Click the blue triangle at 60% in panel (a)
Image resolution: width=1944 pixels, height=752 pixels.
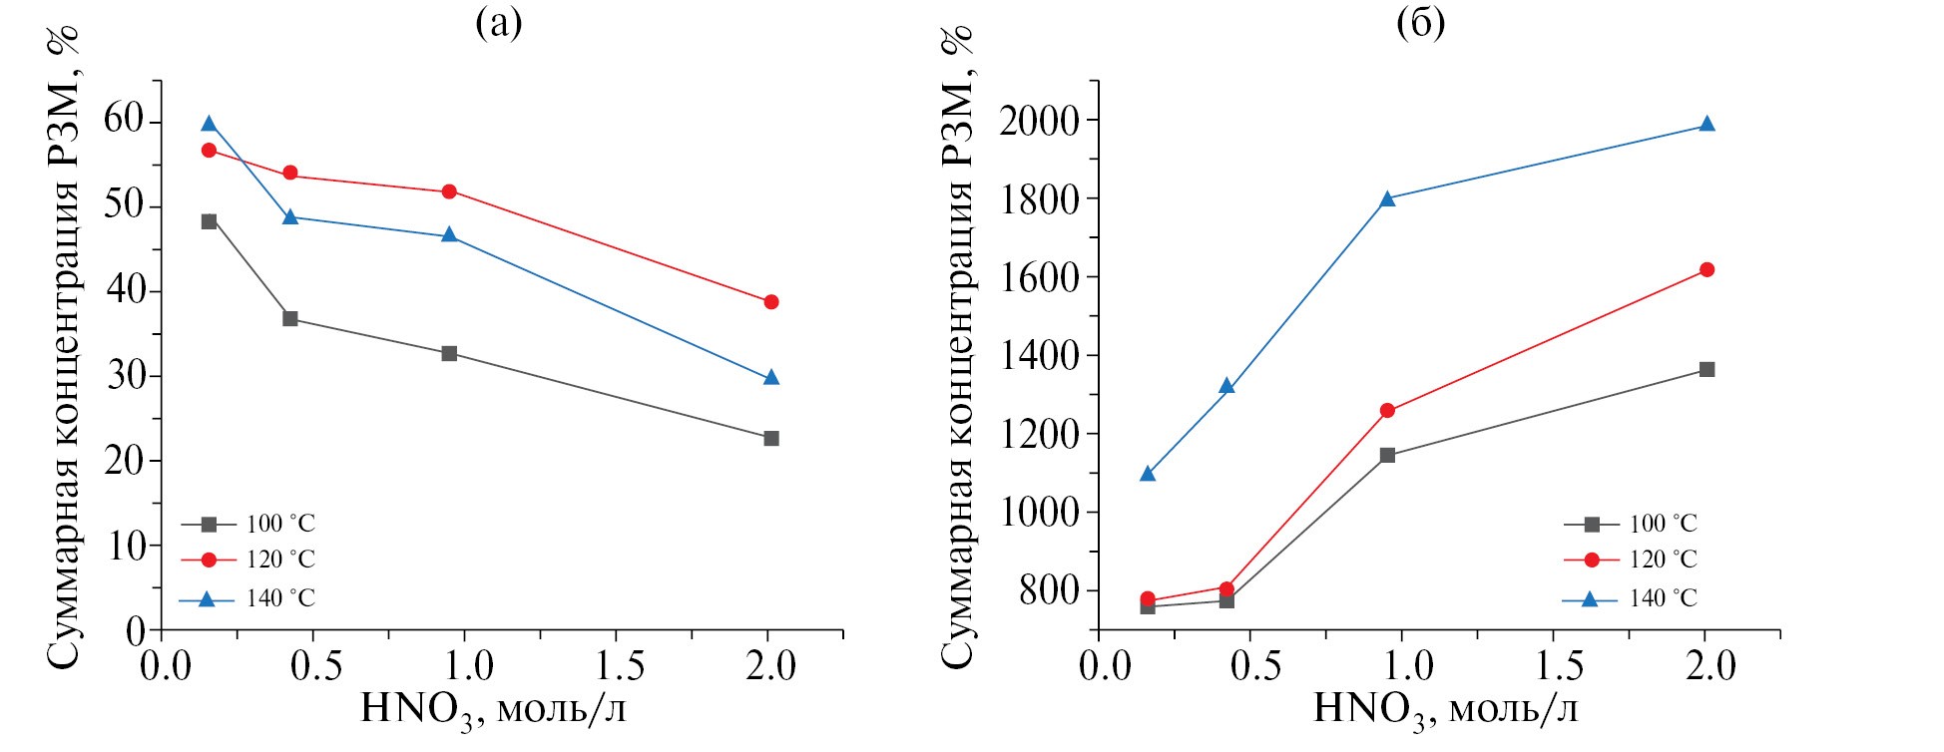coord(209,124)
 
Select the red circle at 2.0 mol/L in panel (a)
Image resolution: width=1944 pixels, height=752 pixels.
coord(770,302)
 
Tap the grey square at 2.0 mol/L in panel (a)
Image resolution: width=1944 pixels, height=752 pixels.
coord(770,439)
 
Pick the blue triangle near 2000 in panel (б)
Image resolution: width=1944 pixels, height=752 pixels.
coord(1706,125)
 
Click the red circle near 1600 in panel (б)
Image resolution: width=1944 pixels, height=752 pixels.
coord(1706,270)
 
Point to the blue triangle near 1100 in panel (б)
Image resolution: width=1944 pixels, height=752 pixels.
coord(1148,474)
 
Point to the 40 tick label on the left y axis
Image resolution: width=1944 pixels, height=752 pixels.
coord(125,291)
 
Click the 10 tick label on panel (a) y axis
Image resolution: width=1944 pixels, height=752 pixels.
coord(125,546)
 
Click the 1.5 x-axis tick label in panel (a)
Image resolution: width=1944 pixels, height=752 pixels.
coord(615,665)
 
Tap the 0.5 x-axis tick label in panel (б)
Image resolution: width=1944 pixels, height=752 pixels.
coord(1255,665)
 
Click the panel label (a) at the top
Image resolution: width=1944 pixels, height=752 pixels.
coord(498,23)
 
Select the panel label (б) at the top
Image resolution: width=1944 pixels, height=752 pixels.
coord(1420,23)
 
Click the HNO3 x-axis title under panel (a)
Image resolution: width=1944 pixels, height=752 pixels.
coord(493,711)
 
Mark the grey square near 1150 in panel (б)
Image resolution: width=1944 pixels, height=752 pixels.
coord(1387,456)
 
